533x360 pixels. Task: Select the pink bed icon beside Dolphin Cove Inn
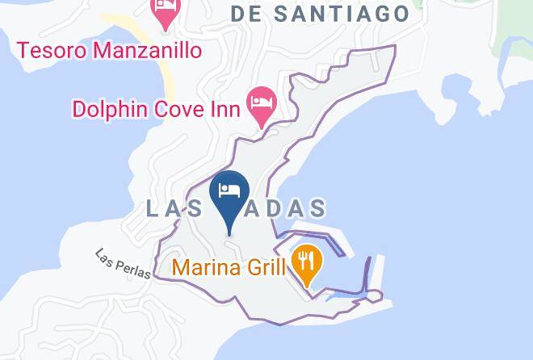262,104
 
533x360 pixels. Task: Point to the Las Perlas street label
123,262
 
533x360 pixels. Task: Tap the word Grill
263,267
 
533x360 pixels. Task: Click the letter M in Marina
179,267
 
